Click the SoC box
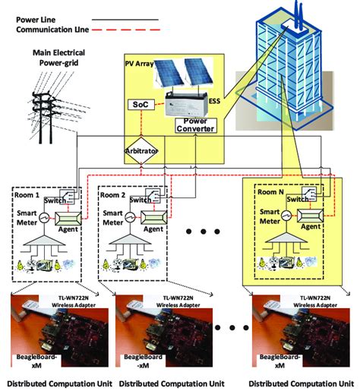coord(141,103)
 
